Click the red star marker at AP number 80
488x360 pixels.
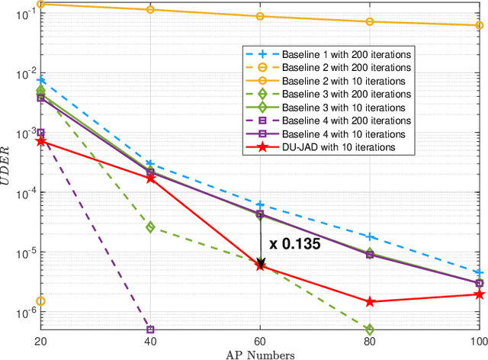pos(370,302)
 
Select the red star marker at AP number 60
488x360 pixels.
pos(260,265)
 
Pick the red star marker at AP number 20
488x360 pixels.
pos(41,141)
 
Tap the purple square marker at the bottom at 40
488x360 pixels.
pos(150,329)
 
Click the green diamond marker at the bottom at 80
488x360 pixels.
pos(370,329)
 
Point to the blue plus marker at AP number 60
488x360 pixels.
pos(260,204)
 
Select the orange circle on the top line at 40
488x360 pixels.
pos(150,10)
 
